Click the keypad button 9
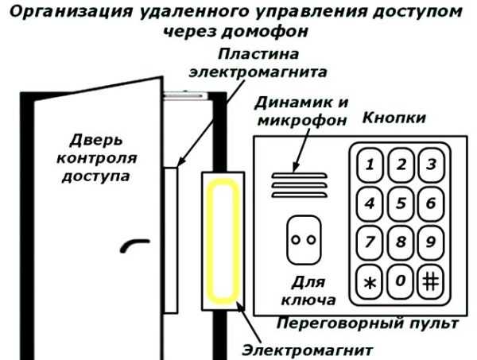pos(432,239)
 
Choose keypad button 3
pos(432,165)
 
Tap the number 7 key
pos(370,239)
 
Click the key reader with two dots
pos(303,238)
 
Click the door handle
pos(131,247)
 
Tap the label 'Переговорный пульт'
pos(366,323)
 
